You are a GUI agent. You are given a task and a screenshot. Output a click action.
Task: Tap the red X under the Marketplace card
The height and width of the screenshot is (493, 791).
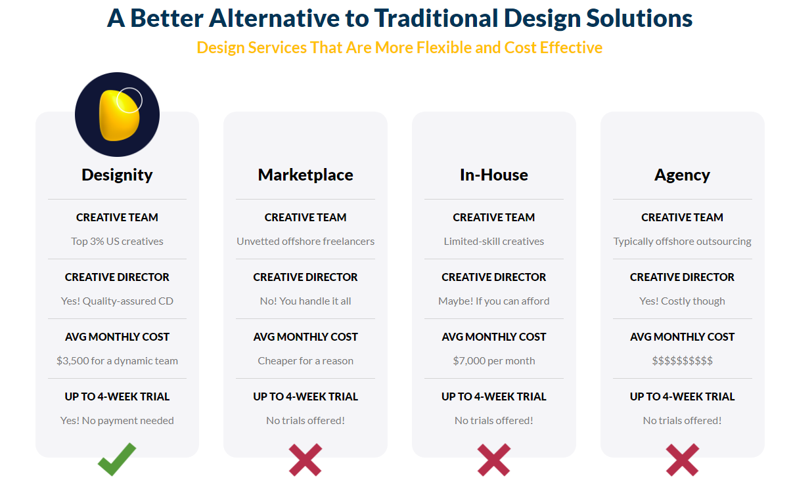305,460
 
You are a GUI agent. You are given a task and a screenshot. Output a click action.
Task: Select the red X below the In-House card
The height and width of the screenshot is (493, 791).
493,460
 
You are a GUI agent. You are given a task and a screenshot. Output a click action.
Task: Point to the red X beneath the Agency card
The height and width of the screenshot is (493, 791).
682,460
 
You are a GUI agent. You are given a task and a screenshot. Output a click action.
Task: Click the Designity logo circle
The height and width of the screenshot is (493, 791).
117,115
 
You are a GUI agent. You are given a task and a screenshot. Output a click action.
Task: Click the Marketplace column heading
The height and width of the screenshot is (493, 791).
305,175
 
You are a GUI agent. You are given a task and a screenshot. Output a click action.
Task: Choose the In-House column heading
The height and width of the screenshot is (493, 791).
493,175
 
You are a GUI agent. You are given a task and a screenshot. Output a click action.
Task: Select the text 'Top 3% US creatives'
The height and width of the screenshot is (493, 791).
117,242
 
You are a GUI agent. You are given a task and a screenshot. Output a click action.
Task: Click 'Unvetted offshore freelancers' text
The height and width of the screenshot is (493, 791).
305,242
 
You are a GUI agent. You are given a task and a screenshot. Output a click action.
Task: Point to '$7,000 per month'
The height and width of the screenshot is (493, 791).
493,361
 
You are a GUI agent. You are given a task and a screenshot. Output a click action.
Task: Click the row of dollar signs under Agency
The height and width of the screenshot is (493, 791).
682,360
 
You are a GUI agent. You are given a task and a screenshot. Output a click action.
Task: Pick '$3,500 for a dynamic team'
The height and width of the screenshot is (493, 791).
117,361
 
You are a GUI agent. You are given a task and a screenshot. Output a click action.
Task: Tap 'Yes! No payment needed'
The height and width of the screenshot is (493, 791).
117,421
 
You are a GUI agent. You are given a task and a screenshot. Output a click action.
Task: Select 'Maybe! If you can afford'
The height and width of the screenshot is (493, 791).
493,301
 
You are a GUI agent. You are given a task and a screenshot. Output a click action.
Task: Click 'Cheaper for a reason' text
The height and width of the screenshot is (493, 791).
305,360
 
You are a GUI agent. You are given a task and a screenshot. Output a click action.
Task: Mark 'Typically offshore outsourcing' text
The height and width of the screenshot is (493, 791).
682,242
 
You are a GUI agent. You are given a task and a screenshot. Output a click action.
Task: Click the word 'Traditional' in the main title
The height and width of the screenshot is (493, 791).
436,18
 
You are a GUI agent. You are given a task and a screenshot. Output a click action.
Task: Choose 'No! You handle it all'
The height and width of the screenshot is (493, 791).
305,301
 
